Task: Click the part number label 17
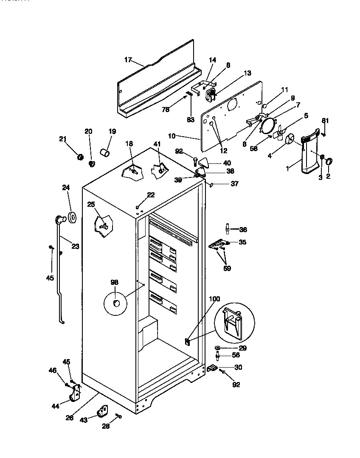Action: (x=128, y=60)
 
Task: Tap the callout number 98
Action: (x=115, y=283)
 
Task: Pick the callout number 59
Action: (x=227, y=268)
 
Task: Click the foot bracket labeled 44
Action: (x=75, y=395)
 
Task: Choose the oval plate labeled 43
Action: (x=102, y=411)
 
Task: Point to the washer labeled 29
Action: (x=218, y=348)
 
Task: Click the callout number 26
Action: (x=70, y=418)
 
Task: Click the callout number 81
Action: (x=325, y=121)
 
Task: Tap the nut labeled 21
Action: (x=79, y=157)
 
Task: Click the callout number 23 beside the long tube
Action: (x=75, y=246)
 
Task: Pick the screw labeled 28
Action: (x=118, y=417)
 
